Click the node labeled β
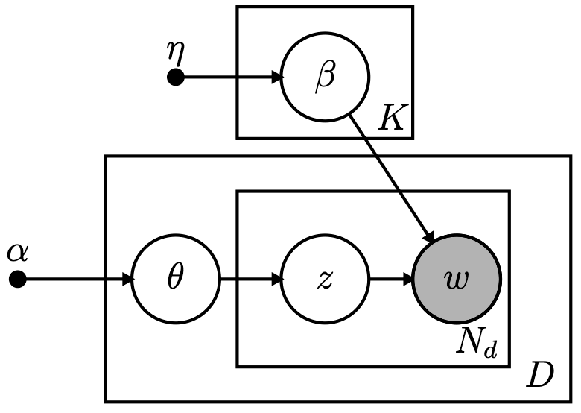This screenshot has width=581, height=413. (x=325, y=78)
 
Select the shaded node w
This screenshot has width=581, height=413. (x=457, y=280)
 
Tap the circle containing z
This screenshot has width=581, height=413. (x=325, y=280)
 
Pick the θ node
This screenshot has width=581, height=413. (x=176, y=280)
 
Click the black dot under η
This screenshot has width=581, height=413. (x=175, y=77)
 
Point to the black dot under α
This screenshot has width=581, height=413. (x=18, y=280)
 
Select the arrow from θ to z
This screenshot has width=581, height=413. (x=250, y=280)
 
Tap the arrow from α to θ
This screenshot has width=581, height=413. (x=74, y=280)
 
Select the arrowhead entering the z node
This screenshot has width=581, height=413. (x=276, y=280)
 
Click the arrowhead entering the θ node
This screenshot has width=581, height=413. (x=127, y=280)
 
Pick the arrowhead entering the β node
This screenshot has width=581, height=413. (x=276, y=77)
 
